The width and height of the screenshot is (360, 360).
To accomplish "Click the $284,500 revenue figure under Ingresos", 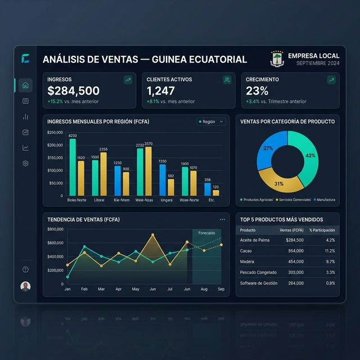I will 74,91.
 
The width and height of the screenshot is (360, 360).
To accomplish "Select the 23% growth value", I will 257,91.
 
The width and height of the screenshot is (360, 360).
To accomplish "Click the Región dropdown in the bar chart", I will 211,121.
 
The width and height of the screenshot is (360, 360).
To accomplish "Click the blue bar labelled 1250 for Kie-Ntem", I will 118,181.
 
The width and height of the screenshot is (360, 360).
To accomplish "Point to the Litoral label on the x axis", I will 99,200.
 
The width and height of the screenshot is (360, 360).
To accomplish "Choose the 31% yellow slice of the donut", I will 278,182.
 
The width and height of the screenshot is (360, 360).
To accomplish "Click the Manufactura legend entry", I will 326,200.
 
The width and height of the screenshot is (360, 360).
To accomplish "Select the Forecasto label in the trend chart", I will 206,233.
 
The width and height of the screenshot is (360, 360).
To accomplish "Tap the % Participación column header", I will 322,230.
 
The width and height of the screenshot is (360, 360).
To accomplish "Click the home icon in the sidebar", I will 25,85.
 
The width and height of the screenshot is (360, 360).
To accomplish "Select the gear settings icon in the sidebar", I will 25,163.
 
